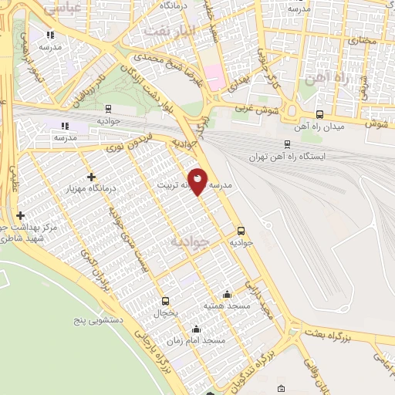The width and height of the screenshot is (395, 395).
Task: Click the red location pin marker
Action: [x=197, y=181]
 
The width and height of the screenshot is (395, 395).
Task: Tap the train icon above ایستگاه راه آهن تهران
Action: [x=287, y=143]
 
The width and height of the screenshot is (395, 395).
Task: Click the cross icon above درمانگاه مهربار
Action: [x=92, y=177]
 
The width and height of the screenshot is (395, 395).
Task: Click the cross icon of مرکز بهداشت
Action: [x=20, y=214]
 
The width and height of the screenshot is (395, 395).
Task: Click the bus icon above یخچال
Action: [x=164, y=302]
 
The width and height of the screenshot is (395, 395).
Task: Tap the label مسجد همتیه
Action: [x=226, y=306]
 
